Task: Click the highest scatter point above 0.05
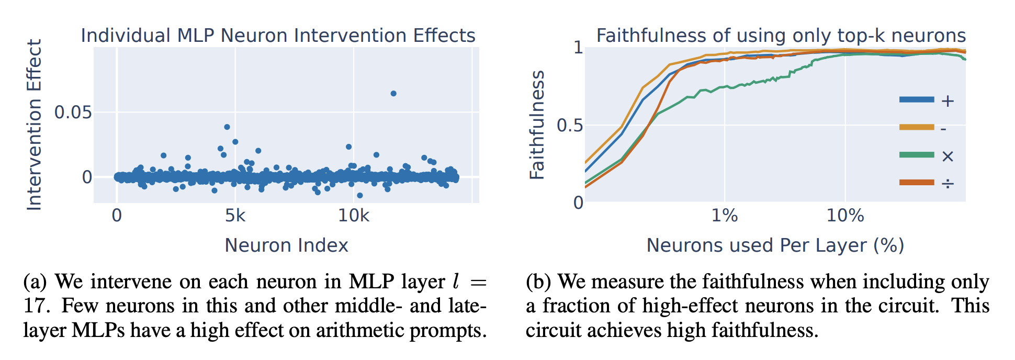tap(393, 94)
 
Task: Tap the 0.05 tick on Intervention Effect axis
tap(73, 113)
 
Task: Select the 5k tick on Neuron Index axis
tap(235, 216)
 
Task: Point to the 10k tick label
tap(354, 216)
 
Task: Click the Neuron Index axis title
tap(286, 245)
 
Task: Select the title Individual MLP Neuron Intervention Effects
tap(278, 36)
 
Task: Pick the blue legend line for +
tap(917, 99)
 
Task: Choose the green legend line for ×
tap(917, 155)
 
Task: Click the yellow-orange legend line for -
tap(917, 127)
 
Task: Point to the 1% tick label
tap(725, 216)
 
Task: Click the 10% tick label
tap(845, 216)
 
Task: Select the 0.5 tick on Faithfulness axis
tap(570, 126)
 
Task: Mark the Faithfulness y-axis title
tap(537, 125)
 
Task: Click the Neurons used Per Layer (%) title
tap(775, 245)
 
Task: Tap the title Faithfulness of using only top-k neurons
tap(781, 36)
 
